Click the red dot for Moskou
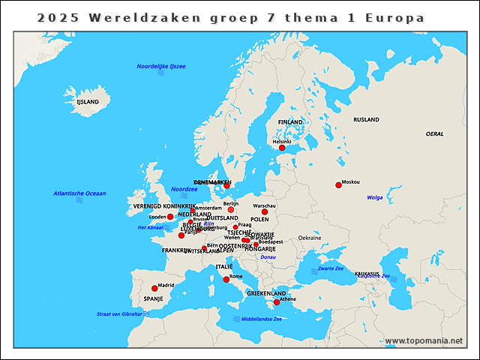pyautogui.click(x=338, y=185)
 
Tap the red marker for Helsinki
pyautogui.click(x=282, y=148)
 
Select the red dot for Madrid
pyautogui.click(x=154, y=288)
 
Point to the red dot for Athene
pyautogui.click(x=277, y=302)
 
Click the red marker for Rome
pyautogui.click(x=226, y=280)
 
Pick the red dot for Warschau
pyautogui.click(x=265, y=211)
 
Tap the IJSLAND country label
pyautogui.click(x=87, y=101)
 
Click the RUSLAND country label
pyautogui.click(x=366, y=119)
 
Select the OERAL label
pyautogui.click(x=434, y=133)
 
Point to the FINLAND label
pyautogui.click(x=290, y=121)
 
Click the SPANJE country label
pyautogui.click(x=153, y=298)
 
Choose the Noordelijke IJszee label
pyautogui.click(x=160, y=67)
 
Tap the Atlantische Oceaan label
pyautogui.click(x=79, y=193)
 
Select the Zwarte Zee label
pyautogui.click(x=330, y=268)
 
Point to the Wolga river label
pyautogui.click(x=375, y=197)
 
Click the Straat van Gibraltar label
pyautogui.click(x=119, y=313)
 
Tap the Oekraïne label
pyautogui.click(x=310, y=238)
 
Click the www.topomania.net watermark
pyautogui.click(x=424, y=340)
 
